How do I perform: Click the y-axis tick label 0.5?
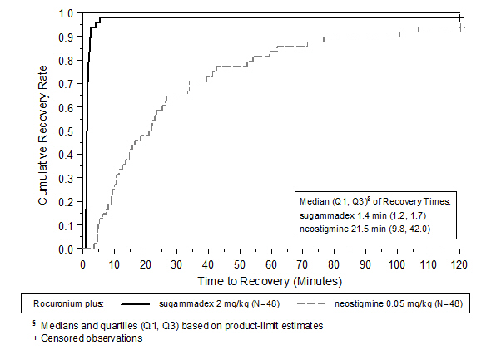coord(66,131)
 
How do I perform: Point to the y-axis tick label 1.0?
coord(66,13)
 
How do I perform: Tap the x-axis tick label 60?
coord(271,264)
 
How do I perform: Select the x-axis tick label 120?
coord(459,264)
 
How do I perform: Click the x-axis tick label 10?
coord(114,264)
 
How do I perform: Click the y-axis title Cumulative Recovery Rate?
coord(42,136)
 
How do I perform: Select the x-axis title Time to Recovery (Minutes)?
coord(270,281)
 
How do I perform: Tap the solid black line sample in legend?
coord(136,304)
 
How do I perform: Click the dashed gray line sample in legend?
coord(311,304)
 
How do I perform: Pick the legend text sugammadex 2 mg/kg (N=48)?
coord(219,303)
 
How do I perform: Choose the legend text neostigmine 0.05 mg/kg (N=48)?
coord(399,303)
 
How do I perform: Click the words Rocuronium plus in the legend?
coord(68,303)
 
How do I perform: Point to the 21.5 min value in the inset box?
coord(369,229)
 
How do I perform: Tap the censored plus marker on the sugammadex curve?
coord(459,17)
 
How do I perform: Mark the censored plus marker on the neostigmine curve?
coord(460,27)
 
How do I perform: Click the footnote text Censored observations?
coord(92,338)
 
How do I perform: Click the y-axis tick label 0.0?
coord(66,249)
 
